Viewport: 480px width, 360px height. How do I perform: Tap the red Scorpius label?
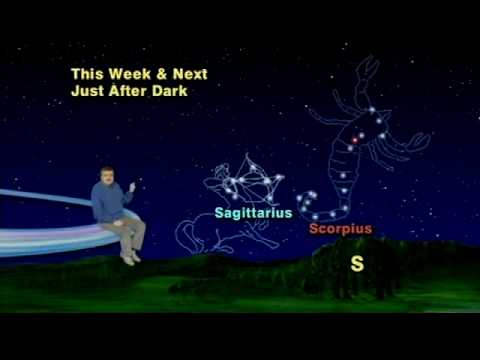(x=339, y=229)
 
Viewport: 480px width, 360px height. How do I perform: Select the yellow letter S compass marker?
(x=357, y=264)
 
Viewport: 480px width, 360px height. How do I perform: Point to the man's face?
(x=107, y=176)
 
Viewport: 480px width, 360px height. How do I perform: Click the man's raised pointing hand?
(x=132, y=187)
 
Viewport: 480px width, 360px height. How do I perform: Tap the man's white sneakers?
(x=129, y=257)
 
